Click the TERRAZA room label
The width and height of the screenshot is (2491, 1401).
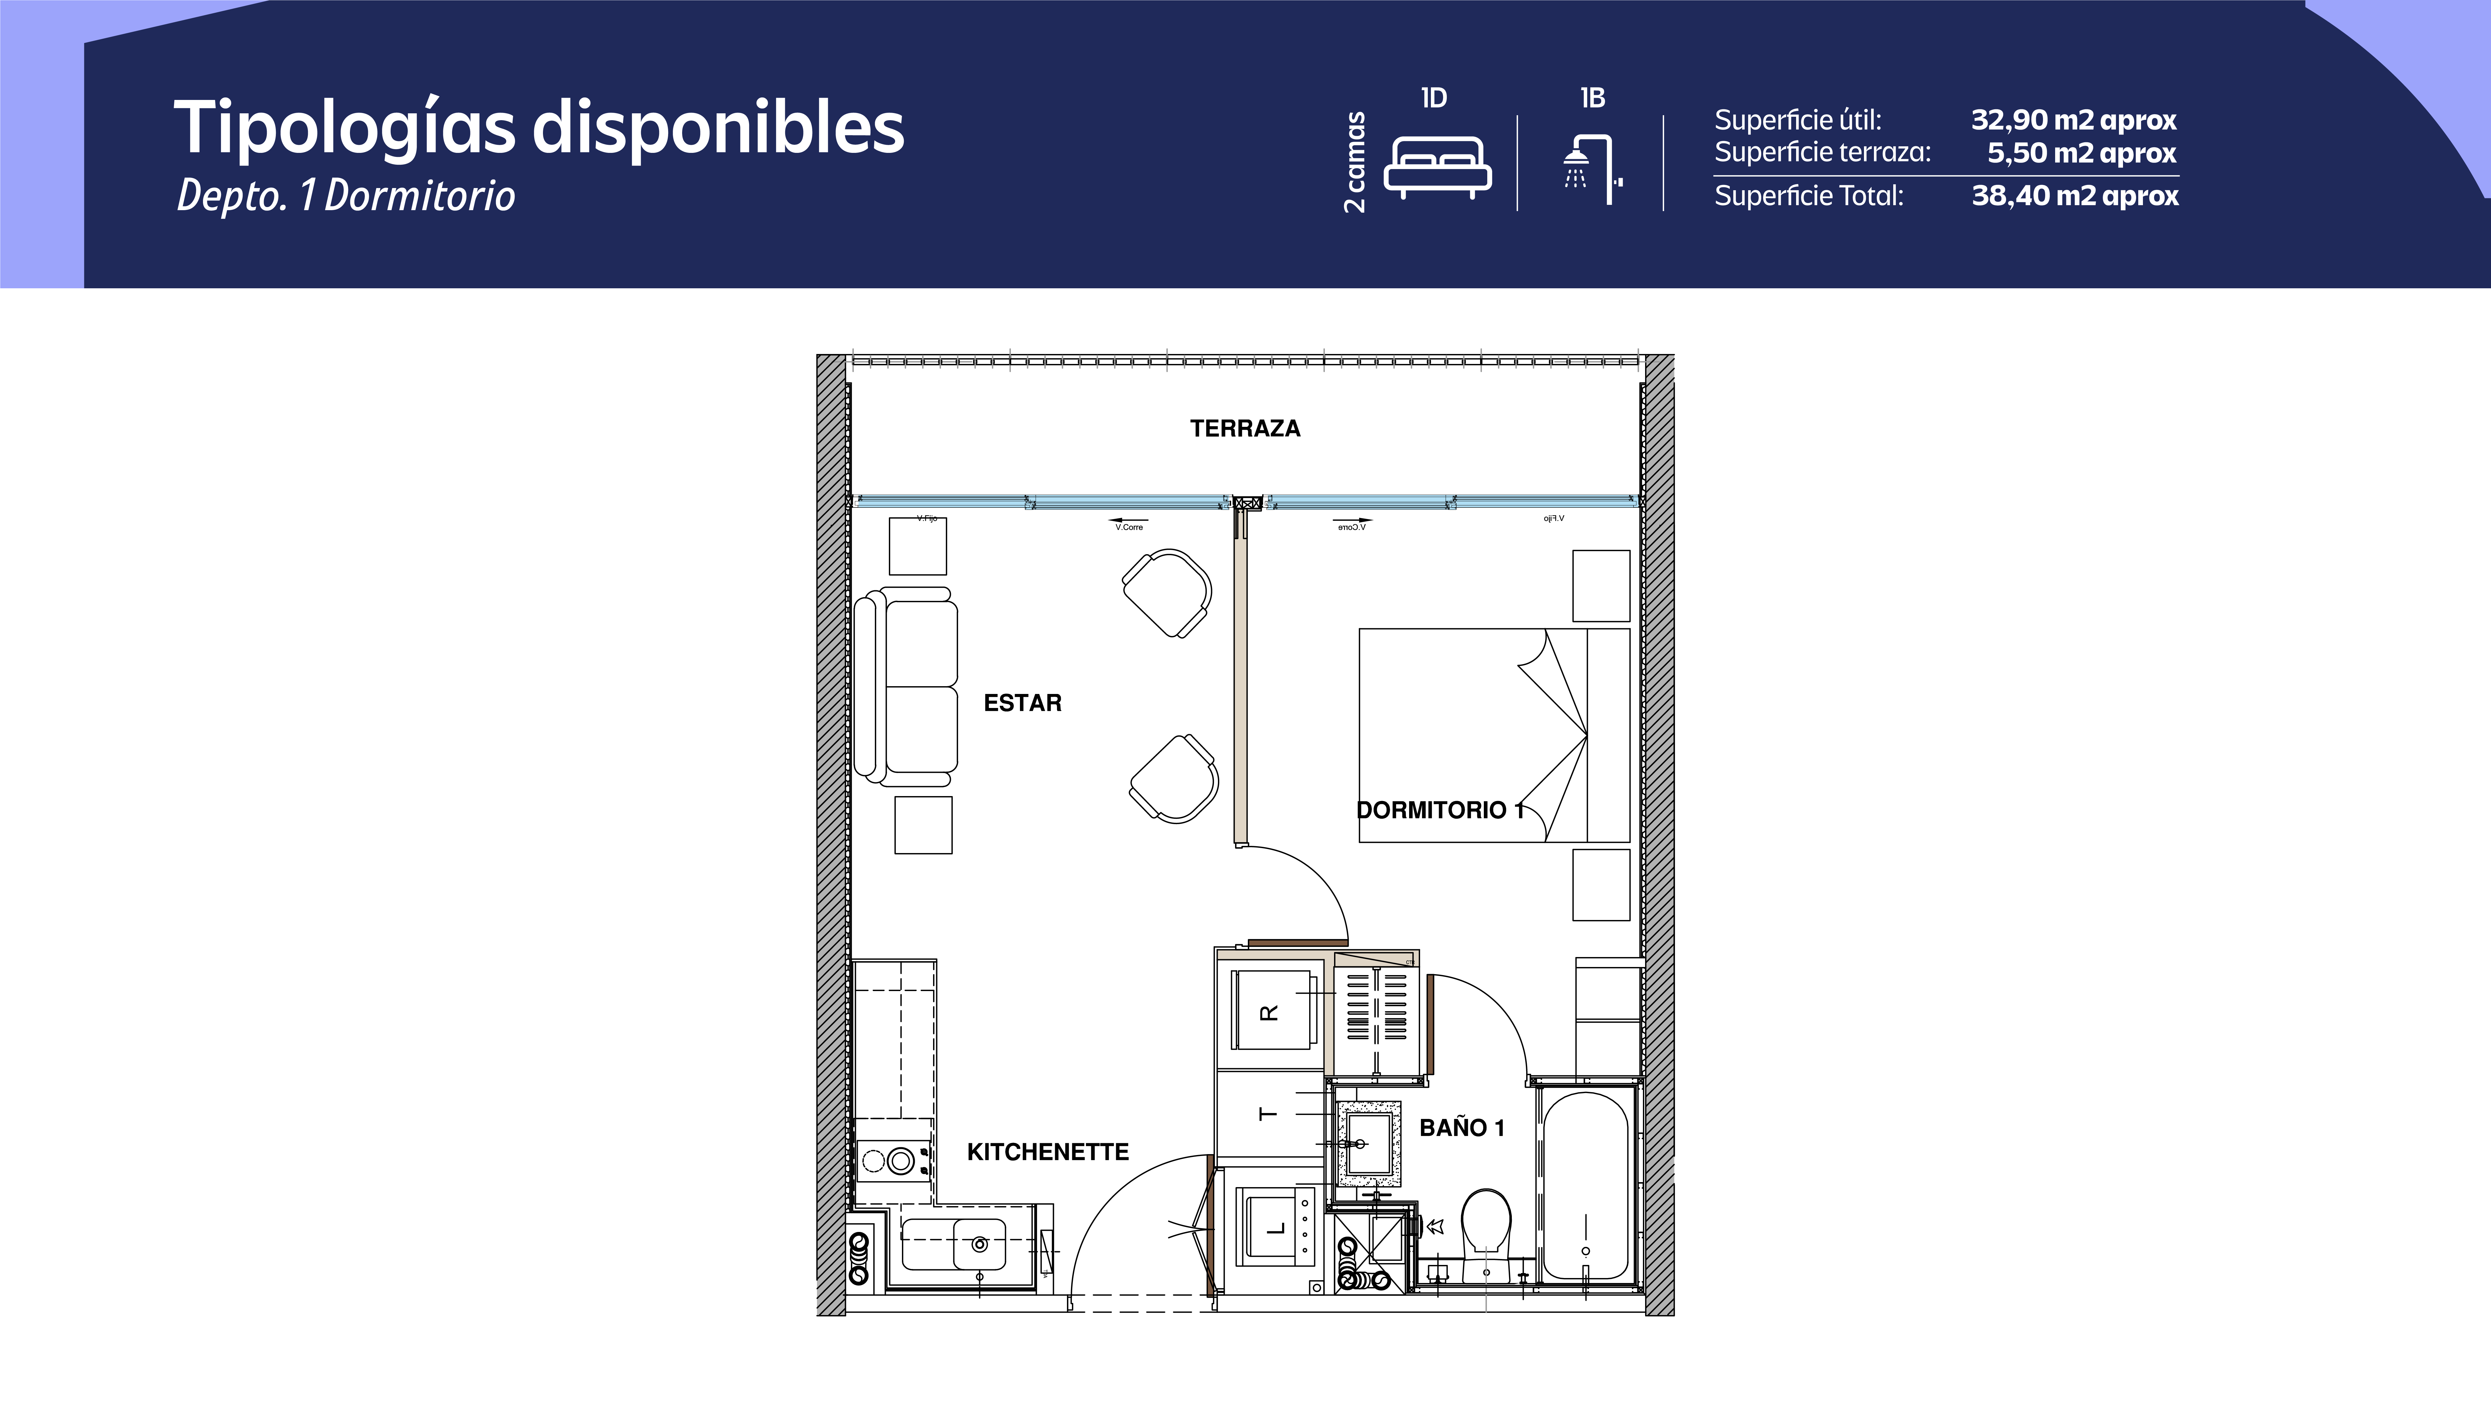click(1244, 428)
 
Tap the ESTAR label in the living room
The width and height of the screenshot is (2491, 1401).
click(1022, 703)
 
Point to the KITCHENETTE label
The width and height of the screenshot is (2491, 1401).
click(1047, 1152)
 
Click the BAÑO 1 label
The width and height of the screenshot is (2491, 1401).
click(1461, 1127)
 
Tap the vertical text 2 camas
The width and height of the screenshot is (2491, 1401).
click(1355, 162)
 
